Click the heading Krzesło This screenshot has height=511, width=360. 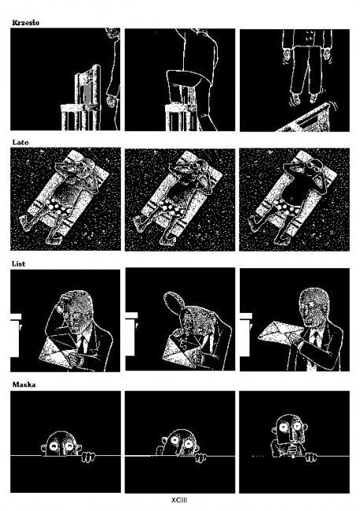[x=25, y=23]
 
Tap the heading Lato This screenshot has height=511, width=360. [x=20, y=142]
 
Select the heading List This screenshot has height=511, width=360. [x=19, y=263]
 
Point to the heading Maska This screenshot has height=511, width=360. [x=24, y=384]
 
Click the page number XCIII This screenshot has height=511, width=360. [x=179, y=500]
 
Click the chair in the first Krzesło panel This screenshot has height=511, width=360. [x=81, y=101]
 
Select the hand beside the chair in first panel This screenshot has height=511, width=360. [x=111, y=101]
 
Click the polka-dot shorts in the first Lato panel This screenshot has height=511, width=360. [x=59, y=207]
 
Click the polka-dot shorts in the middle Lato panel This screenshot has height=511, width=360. [x=171, y=207]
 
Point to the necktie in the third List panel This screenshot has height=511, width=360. [x=315, y=337]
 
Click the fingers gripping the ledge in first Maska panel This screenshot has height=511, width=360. [x=88, y=457]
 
